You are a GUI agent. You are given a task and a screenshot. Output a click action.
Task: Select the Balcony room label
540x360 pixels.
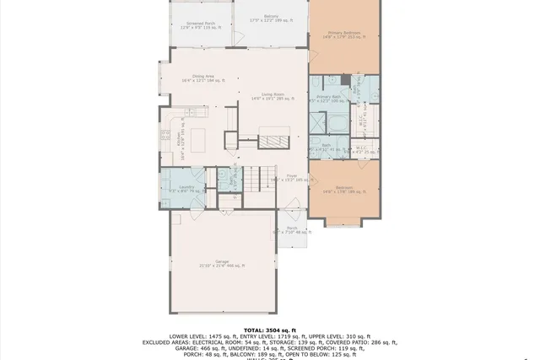(271, 18)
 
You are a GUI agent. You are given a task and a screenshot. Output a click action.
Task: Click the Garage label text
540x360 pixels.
(222, 263)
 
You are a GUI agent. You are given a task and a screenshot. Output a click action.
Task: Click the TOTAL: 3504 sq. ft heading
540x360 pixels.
(269, 329)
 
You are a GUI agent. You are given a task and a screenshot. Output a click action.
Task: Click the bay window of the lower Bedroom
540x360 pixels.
(343, 223)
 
